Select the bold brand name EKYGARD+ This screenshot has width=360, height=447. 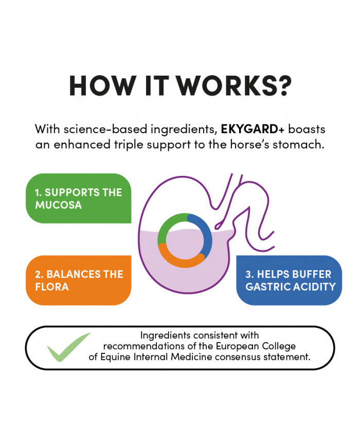(x=253, y=129)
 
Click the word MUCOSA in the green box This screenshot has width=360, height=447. (x=59, y=205)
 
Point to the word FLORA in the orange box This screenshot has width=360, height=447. (x=52, y=287)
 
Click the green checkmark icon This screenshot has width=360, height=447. (x=69, y=347)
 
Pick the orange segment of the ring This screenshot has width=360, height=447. (x=180, y=258)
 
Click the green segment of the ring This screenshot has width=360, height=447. (x=169, y=225)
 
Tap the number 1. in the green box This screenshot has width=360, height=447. (x=39, y=193)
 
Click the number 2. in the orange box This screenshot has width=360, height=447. (x=39, y=274)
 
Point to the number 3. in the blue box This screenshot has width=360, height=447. (x=249, y=274)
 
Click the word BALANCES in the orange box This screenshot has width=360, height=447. (x=74, y=274)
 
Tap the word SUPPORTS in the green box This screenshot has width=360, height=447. (x=73, y=193)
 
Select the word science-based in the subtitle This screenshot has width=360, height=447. (x=106, y=129)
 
